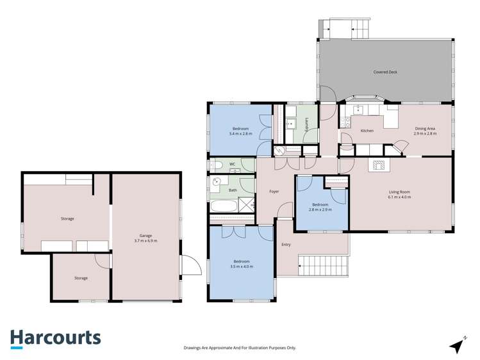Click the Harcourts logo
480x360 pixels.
[x=55, y=338]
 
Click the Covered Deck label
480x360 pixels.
[x=385, y=72]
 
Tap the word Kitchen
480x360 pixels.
[x=367, y=131]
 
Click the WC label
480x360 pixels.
[x=232, y=165]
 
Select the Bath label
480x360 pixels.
[x=233, y=190]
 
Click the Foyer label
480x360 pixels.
[x=274, y=192]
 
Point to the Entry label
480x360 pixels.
[x=286, y=245]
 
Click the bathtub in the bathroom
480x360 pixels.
[x=224, y=207]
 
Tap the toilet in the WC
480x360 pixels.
[x=216, y=165]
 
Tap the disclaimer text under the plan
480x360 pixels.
[x=240, y=348]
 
